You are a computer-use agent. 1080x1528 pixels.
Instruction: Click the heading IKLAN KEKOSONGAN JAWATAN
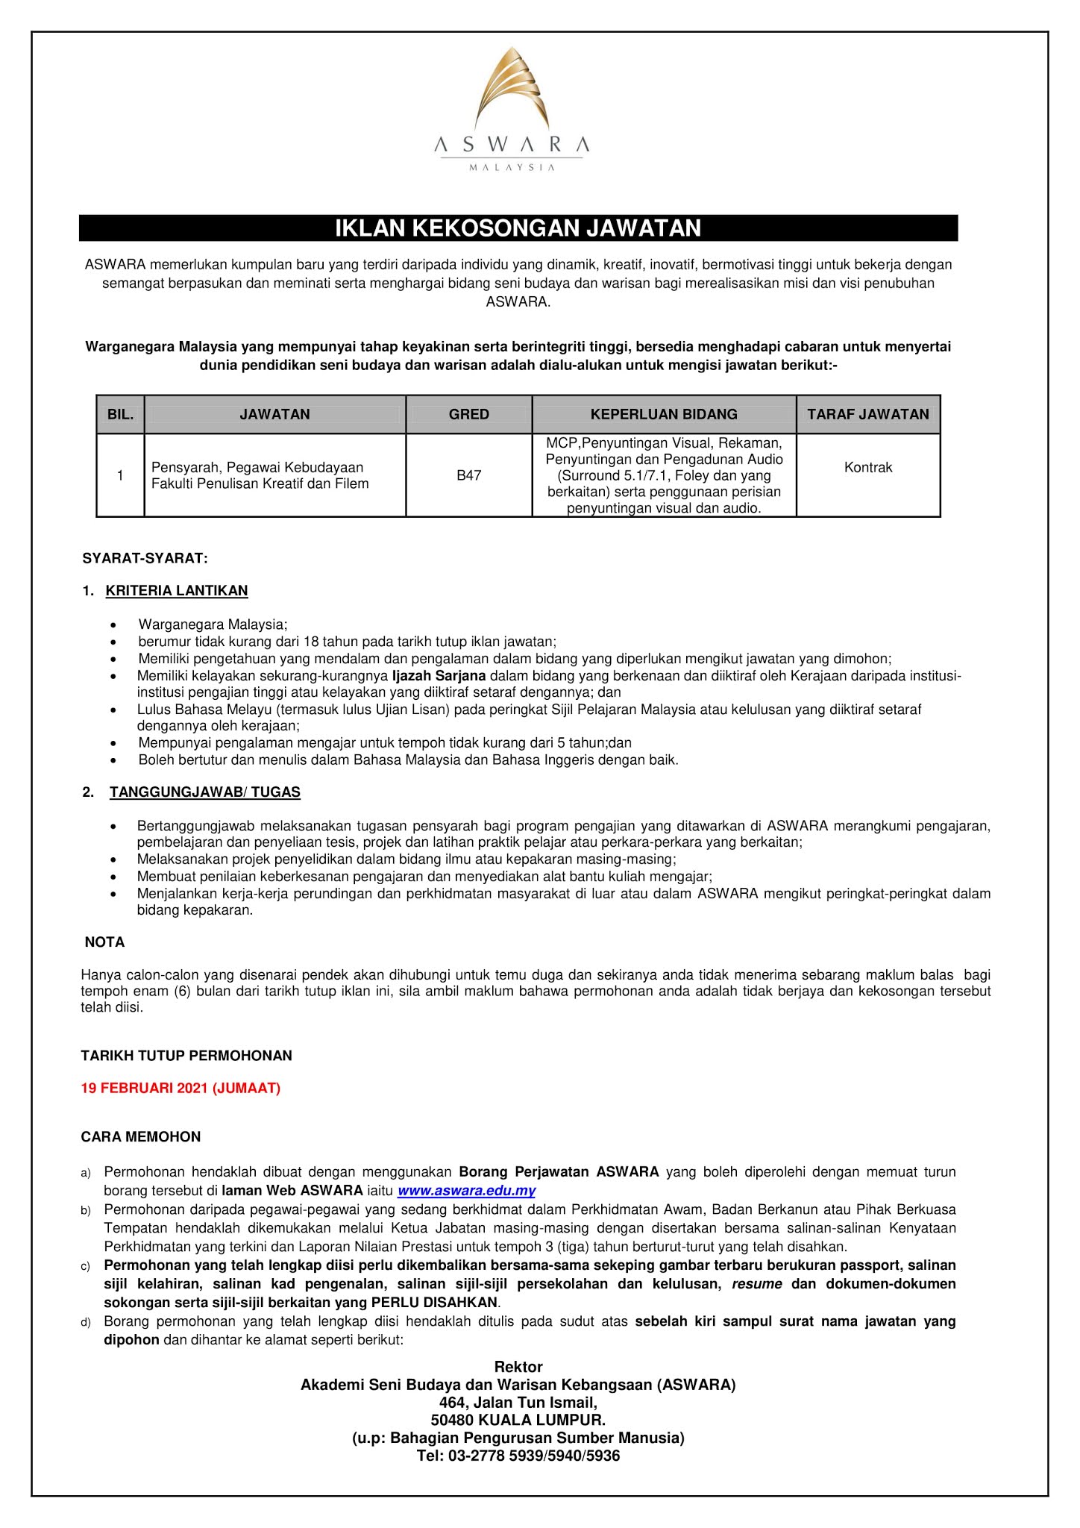pyautogui.click(x=518, y=228)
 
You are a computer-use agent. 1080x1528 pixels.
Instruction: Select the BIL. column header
pyautogui.click(x=120, y=414)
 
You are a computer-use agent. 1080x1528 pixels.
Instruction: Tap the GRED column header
pyautogui.click(x=468, y=414)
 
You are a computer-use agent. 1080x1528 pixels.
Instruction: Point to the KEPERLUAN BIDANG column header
pyautogui.click(x=664, y=414)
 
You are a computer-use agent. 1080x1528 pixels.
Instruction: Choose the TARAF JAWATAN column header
pyautogui.click(x=868, y=414)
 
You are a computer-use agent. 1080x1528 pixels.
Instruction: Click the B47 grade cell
pyautogui.click(x=468, y=475)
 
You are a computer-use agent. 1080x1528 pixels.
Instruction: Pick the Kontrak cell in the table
pyautogui.click(x=868, y=468)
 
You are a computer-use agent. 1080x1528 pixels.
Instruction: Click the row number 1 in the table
pyautogui.click(x=120, y=475)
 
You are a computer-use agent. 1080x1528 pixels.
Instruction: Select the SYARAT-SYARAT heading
pyautogui.click(x=145, y=557)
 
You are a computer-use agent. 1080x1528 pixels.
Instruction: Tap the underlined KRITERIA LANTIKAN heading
pyautogui.click(x=177, y=591)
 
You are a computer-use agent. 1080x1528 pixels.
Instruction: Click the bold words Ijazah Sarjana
pyautogui.click(x=439, y=676)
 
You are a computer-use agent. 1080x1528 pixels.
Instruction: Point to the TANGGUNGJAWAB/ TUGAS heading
pyautogui.click(x=204, y=792)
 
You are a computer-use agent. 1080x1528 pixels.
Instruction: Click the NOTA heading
pyautogui.click(x=104, y=942)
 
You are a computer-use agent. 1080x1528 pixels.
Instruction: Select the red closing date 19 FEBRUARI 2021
pyautogui.click(x=180, y=1089)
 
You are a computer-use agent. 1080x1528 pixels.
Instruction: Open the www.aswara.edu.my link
pyautogui.click(x=467, y=1192)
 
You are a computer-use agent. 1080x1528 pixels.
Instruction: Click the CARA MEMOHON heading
pyautogui.click(x=141, y=1137)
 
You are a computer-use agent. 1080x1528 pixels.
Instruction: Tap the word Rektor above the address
pyautogui.click(x=518, y=1367)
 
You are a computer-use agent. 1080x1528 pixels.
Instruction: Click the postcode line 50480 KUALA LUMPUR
pyautogui.click(x=518, y=1420)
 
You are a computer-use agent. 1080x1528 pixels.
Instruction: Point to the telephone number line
pyautogui.click(x=518, y=1456)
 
